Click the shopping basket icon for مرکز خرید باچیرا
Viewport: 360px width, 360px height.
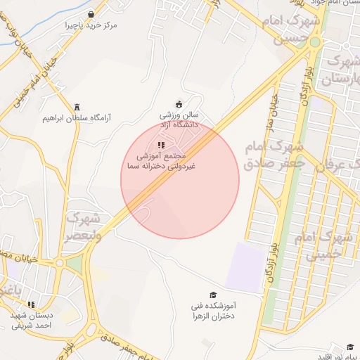point(91,14)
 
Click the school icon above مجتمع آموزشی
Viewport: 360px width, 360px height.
point(161,145)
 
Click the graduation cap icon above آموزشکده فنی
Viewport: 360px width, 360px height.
point(213,295)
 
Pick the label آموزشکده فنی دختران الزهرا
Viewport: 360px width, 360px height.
point(217,311)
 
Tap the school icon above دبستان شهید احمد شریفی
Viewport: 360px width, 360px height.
point(31,304)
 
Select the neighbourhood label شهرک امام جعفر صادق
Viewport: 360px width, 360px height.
point(274,155)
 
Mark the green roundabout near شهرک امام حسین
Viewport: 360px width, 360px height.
point(314,42)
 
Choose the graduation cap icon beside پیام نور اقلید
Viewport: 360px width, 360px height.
point(349,346)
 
